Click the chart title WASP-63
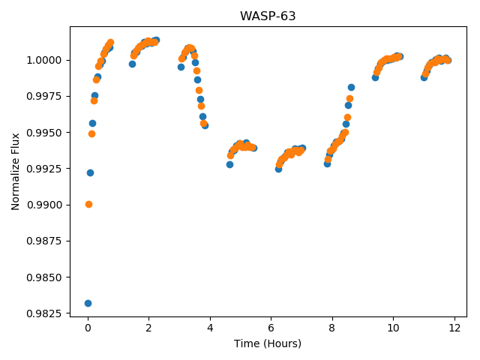[x=268, y=16]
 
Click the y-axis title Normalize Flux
[x=15, y=172]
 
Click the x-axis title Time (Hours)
[x=268, y=343]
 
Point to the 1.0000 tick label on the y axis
[x=44, y=60]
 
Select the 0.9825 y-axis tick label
[x=44, y=313]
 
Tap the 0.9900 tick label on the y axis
[x=44, y=205]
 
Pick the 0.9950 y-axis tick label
[x=44, y=133]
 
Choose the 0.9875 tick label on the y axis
[x=44, y=241]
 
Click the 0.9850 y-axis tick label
[x=44, y=277]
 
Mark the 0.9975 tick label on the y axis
[x=44, y=96]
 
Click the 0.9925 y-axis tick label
[x=44, y=169]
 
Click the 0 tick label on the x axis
[x=88, y=328]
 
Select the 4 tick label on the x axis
[x=210, y=328]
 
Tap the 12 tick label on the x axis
[x=454, y=328]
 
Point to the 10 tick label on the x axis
[x=393, y=328]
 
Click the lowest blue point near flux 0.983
[x=88, y=303]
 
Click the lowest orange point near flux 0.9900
[x=88, y=205]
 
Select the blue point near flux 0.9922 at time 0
[x=90, y=173]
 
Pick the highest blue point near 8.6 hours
[x=351, y=88]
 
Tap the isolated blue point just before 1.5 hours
[x=132, y=64]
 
